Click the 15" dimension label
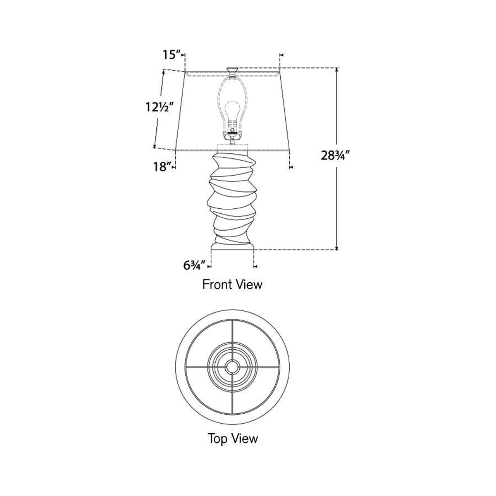coord(172,55)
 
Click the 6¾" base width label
coord(194,265)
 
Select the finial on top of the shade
coord(232,69)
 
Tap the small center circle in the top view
coord(232,367)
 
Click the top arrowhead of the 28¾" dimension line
coord(337,69)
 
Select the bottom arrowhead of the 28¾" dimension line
coord(337,247)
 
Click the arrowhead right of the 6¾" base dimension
coord(255,267)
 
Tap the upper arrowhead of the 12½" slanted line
coord(163,71)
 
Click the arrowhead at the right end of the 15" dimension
coord(281,55)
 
